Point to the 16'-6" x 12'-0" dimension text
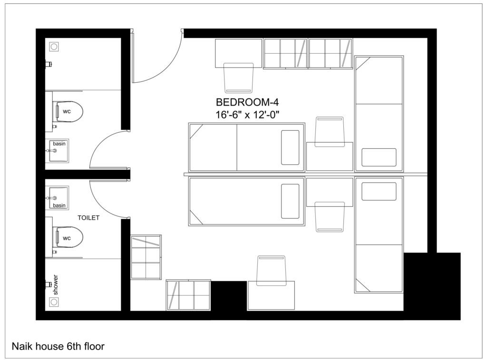tap(248, 115)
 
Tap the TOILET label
tap(88, 218)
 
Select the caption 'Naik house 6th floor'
tap(58, 346)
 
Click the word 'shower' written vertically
tap(56, 285)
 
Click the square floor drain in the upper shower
tap(54, 47)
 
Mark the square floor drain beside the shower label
tap(54, 302)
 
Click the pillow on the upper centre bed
tap(290, 147)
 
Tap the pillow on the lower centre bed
tap(290, 201)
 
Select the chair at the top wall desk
tap(239, 78)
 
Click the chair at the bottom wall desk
tap(272, 271)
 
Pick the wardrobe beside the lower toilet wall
tap(146, 257)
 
